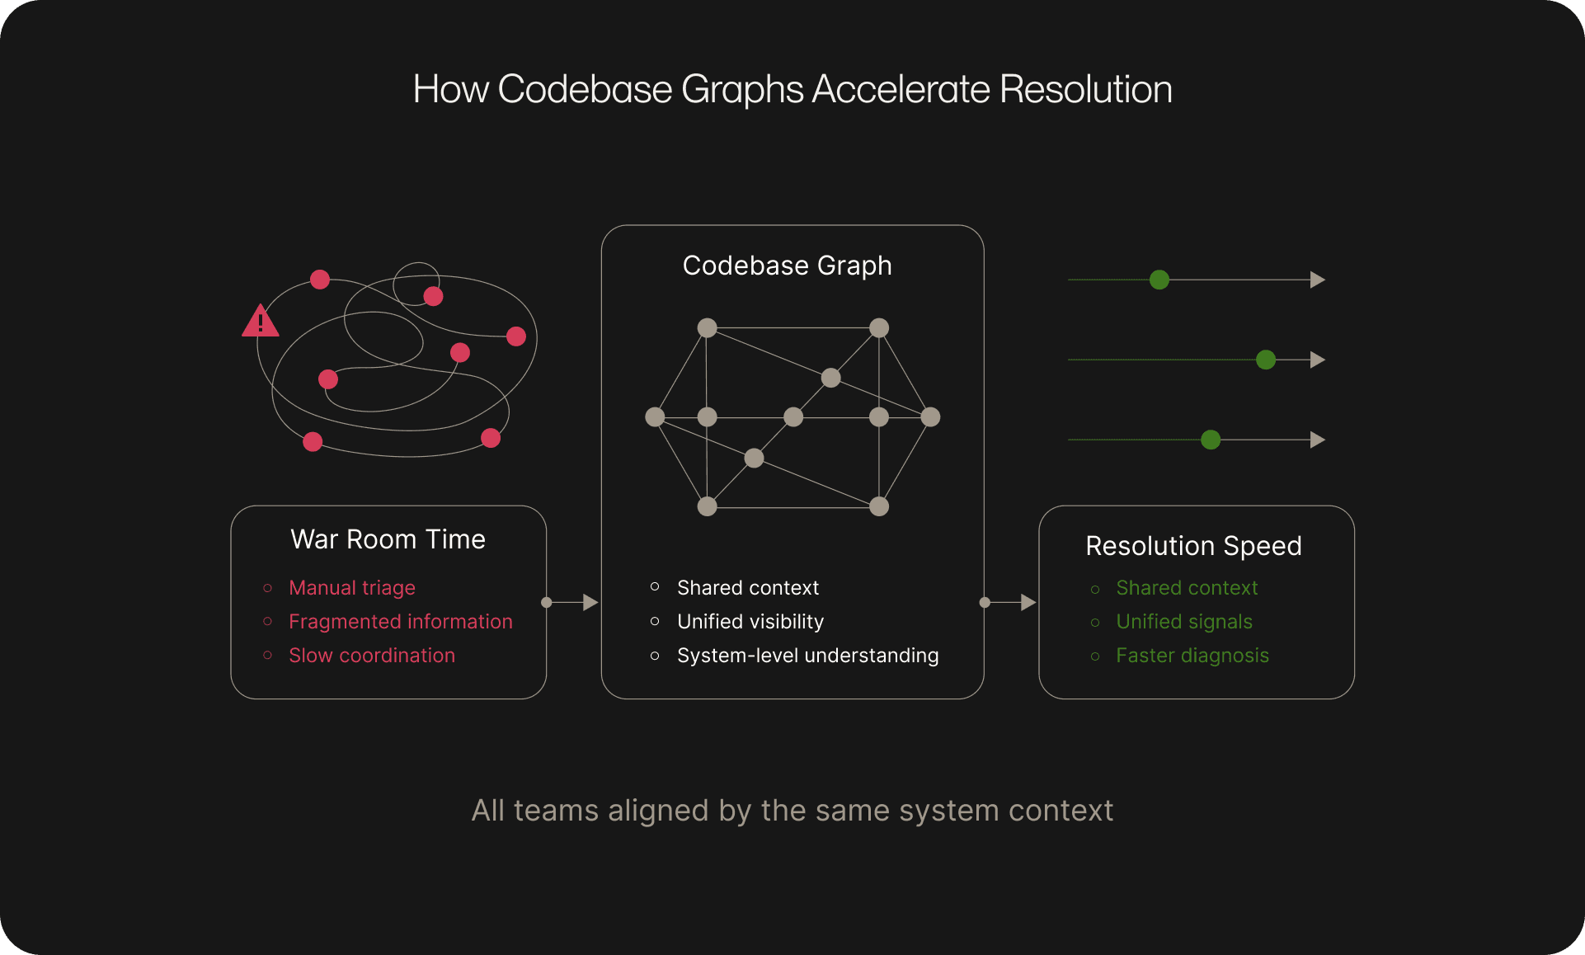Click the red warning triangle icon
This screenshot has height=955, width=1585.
point(260,322)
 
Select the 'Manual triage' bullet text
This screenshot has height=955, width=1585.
point(352,588)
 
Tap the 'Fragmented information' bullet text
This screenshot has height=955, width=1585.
point(401,622)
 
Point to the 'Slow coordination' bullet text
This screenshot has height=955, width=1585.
point(372,656)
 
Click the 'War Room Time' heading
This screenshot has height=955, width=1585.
point(388,539)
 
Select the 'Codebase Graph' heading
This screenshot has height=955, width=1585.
point(788,266)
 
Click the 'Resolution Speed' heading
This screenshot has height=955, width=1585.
point(1193,546)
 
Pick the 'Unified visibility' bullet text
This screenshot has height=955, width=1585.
point(750,622)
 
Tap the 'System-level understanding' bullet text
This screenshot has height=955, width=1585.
point(808,656)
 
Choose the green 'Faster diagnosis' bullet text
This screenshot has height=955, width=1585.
point(1192,656)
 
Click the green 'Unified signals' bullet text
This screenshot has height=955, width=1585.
point(1184,622)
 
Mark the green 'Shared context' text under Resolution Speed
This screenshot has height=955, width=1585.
point(1187,588)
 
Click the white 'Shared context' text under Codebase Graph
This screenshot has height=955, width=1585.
point(748,588)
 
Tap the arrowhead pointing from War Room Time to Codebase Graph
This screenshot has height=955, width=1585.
point(590,603)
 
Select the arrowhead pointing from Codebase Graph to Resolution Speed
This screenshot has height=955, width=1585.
point(1028,603)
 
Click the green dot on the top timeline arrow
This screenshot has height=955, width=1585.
point(1159,280)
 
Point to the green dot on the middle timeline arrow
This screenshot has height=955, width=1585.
point(1266,360)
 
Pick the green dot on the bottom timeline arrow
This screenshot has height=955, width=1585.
point(1211,440)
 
